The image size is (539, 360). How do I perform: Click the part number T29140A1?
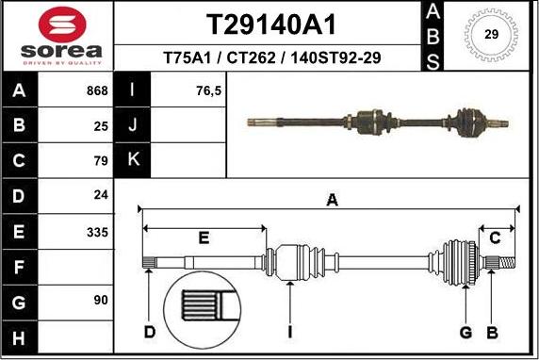[271, 23]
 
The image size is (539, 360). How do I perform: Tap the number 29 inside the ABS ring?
[491, 35]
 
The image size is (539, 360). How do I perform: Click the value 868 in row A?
[96, 91]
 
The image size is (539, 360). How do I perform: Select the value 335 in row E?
[96, 232]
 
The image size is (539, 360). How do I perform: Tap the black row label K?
[133, 159]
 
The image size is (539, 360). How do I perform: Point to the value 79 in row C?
[101, 161]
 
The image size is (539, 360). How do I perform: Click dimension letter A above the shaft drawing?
[331, 199]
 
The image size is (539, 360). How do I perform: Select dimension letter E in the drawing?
[204, 237]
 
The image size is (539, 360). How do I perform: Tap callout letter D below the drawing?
[149, 332]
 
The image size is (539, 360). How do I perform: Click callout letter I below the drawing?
[290, 332]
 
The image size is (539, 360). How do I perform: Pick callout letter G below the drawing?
[465, 332]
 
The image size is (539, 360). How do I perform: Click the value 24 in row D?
[101, 196]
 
